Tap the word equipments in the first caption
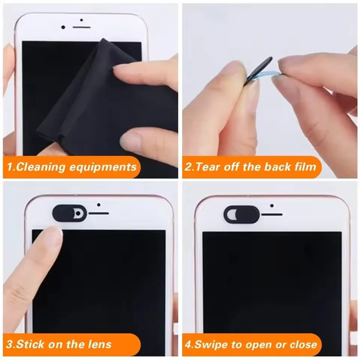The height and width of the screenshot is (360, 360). pos(103,166)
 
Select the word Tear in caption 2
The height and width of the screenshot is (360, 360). pos(207,166)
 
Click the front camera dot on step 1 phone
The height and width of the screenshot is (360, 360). pos(63,27)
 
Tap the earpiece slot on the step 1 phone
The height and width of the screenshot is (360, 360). pos(81,27)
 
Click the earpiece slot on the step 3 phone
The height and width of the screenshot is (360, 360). pos(99,213)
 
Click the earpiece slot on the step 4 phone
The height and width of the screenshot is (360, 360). pos(271,214)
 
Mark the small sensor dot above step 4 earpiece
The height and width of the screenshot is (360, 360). pos(271,205)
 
